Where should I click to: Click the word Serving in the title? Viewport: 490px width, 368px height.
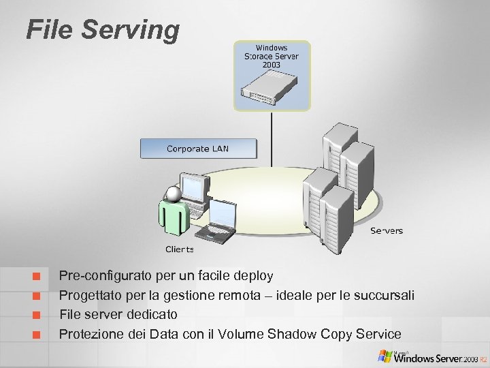(x=132, y=31)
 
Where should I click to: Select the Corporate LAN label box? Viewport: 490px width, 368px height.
(x=198, y=149)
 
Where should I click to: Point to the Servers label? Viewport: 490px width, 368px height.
(x=387, y=230)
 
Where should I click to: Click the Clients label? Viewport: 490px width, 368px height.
(x=180, y=249)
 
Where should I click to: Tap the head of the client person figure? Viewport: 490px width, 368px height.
(x=174, y=194)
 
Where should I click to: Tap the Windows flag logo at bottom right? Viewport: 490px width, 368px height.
(x=386, y=356)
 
